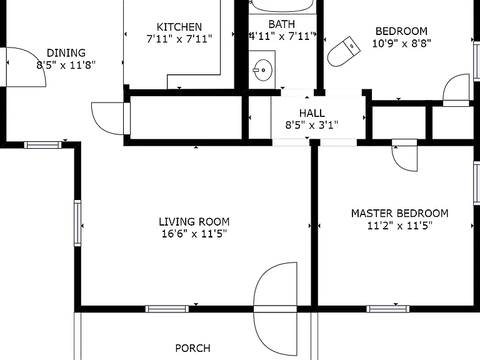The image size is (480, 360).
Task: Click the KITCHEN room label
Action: click(x=179, y=27)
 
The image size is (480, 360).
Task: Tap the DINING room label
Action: click(x=66, y=52)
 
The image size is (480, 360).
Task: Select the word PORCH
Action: click(x=192, y=348)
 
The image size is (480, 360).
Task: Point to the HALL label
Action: click(x=312, y=113)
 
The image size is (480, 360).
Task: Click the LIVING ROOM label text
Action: click(x=194, y=222)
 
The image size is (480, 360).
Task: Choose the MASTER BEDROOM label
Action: click(x=399, y=213)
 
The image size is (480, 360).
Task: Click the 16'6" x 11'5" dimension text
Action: click(x=194, y=234)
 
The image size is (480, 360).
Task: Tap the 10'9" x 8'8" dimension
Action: click(x=401, y=43)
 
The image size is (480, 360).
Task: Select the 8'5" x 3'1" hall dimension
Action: click(x=312, y=125)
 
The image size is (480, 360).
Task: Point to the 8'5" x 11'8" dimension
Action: click(x=66, y=65)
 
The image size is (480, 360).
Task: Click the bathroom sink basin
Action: click(x=263, y=70)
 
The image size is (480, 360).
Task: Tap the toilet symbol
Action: click(x=344, y=52)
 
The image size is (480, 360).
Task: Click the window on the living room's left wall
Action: click(x=77, y=223)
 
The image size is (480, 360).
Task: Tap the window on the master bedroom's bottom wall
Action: click(x=388, y=309)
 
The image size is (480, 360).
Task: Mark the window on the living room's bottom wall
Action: click(x=167, y=309)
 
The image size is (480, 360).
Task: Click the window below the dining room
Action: click(x=43, y=145)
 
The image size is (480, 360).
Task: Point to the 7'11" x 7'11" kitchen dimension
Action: click(x=179, y=39)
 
